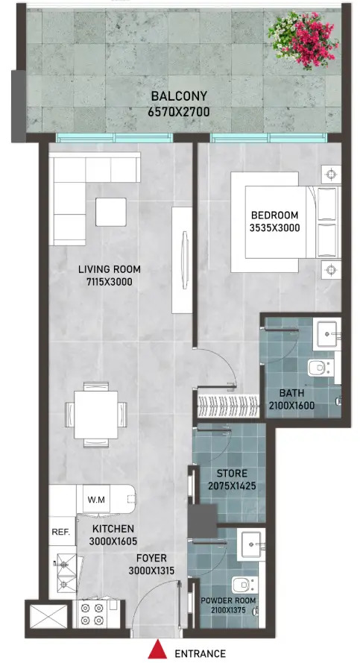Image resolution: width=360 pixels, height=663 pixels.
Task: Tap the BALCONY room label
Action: point(180,97)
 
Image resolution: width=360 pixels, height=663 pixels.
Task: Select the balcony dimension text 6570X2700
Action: point(180,112)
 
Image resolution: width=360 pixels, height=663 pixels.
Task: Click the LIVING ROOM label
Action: point(110,270)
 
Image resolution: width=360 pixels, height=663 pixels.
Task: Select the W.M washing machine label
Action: point(95,499)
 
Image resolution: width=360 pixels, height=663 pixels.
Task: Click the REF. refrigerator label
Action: point(60,532)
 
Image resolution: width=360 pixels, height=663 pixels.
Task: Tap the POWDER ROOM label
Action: point(229,600)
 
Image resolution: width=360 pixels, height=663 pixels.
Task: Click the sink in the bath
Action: point(326,333)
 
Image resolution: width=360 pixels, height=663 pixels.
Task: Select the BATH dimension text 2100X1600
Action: point(292,406)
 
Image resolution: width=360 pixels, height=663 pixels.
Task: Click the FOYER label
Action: point(151,557)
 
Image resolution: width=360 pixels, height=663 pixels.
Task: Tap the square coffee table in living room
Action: point(110,211)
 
